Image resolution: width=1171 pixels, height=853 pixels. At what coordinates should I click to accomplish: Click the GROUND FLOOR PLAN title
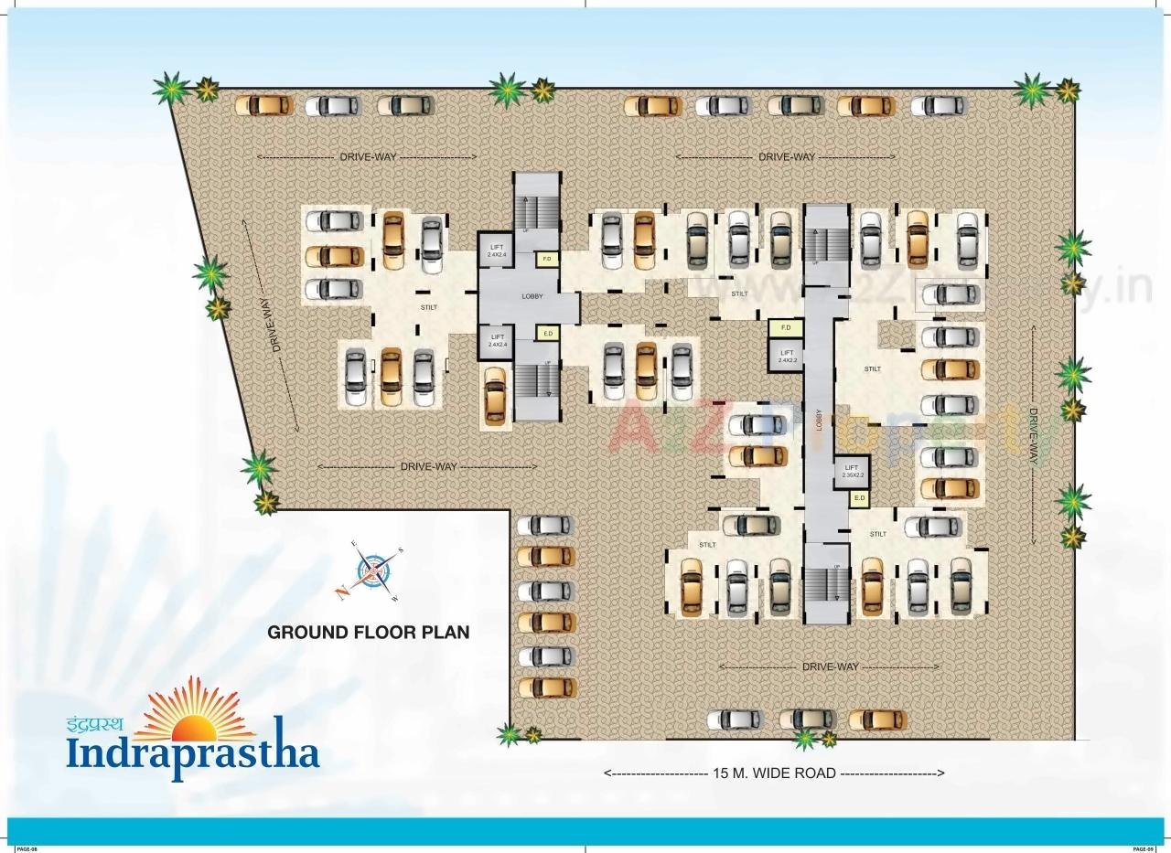point(368,632)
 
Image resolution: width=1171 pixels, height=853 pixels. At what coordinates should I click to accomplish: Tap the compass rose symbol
point(373,570)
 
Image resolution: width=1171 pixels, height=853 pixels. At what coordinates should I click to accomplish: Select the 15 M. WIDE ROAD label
point(774,773)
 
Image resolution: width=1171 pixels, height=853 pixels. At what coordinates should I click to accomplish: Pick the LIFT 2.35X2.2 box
point(852,470)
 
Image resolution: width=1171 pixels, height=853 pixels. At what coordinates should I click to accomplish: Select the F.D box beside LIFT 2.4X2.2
point(785,327)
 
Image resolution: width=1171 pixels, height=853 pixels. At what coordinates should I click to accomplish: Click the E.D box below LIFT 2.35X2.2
point(859,498)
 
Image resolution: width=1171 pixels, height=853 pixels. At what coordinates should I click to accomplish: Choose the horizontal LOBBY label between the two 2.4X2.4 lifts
point(532,296)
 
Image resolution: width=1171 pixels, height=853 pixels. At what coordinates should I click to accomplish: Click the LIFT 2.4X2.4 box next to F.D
point(497,251)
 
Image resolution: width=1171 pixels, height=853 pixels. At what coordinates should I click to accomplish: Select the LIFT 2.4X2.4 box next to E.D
point(497,341)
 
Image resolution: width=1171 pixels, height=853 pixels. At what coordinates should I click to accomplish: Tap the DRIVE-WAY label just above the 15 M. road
point(830,667)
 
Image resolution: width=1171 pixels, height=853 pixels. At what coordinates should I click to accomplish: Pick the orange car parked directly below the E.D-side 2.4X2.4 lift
point(495,395)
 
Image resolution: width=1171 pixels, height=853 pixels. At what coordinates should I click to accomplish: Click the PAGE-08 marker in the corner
point(26,849)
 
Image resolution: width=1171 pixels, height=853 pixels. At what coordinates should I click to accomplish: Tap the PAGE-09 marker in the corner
point(1144,849)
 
